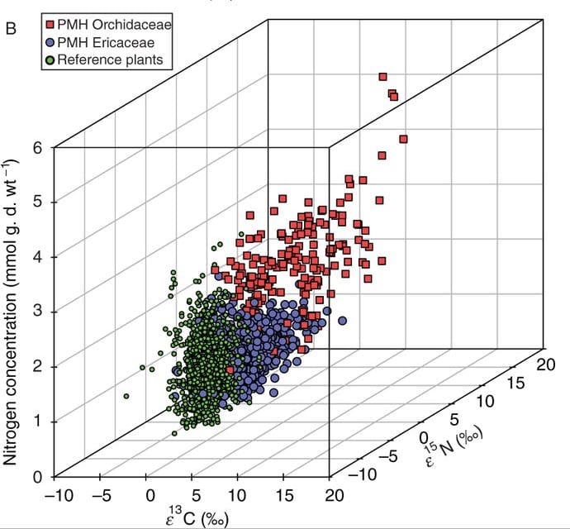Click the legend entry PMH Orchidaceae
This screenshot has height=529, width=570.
(x=121, y=26)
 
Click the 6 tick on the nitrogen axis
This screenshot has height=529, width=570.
(x=36, y=147)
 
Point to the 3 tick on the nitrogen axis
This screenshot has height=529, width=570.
(x=36, y=312)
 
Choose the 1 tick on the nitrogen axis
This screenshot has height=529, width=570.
(x=36, y=422)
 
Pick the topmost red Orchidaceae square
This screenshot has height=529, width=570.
(x=383, y=77)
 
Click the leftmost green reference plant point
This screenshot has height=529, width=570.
(x=126, y=396)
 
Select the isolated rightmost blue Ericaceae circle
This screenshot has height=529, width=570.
(x=342, y=321)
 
